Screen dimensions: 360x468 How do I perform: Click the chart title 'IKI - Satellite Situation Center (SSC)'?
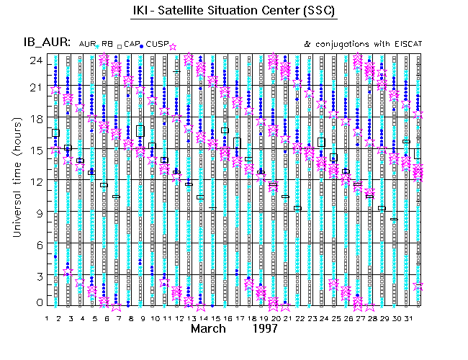235,12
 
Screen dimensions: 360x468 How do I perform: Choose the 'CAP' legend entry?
131,45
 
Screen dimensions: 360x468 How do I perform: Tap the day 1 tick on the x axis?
47,317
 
